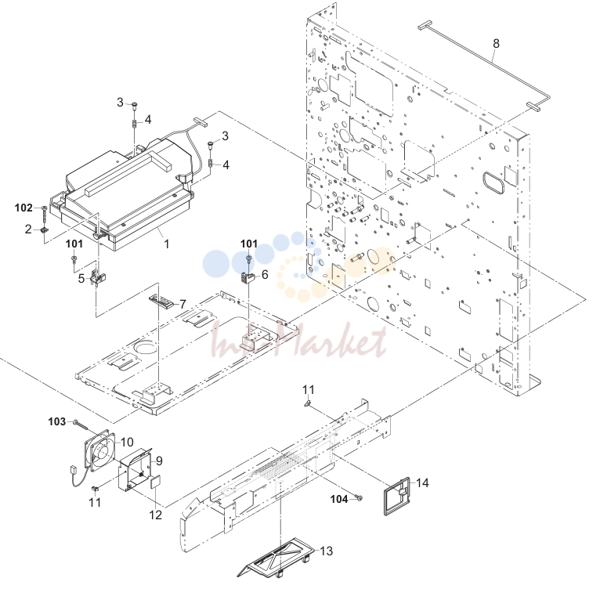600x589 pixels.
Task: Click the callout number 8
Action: (x=496, y=44)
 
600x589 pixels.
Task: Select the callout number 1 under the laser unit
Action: (x=167, y=244)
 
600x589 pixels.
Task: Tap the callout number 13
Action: (x=327, y=551)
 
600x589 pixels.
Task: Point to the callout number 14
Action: (x=422, y=483)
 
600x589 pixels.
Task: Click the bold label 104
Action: (x=339, y=499)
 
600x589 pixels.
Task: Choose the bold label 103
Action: (x=57, y=421)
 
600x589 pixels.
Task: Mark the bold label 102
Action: (x=23, y=208)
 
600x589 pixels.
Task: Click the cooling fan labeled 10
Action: (x=99, y=452)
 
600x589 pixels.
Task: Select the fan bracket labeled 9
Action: (x=135, y=470)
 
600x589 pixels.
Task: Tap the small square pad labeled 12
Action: (x=156, y=482)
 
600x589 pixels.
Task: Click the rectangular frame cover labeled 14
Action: (x=396, y=496)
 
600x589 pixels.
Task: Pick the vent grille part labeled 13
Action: (x=277, y=562)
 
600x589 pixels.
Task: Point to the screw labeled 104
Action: (x=359, y=498)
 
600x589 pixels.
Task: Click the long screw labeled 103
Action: (x=81, y=424)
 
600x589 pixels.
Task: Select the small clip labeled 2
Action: (x=45, y=230)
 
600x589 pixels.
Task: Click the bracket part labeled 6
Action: (x=248, y=277)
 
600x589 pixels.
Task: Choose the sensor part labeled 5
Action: (x=98, y=278)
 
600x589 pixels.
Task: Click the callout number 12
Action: (x=155, y=515)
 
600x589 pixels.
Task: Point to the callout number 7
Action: (x=183, y=304)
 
